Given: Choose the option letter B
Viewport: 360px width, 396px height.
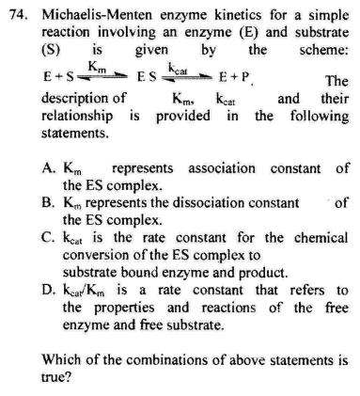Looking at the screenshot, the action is point(49,202).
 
